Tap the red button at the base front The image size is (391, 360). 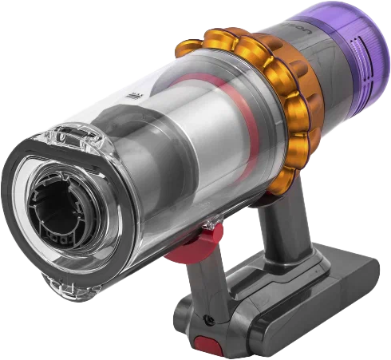coord(209,346)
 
